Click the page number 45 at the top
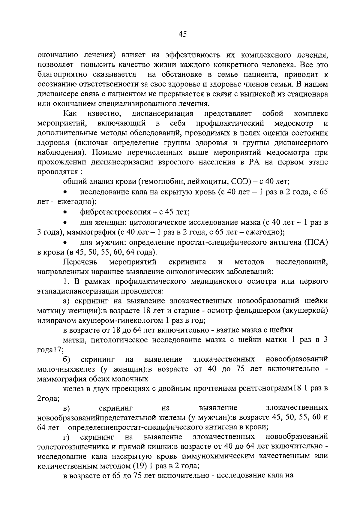[182, 34]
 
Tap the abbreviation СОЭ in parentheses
[240, 182]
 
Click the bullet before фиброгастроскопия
[65, 212]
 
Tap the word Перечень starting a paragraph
[80, 262]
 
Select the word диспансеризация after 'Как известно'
[162, 114]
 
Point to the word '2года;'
[48, 399]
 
